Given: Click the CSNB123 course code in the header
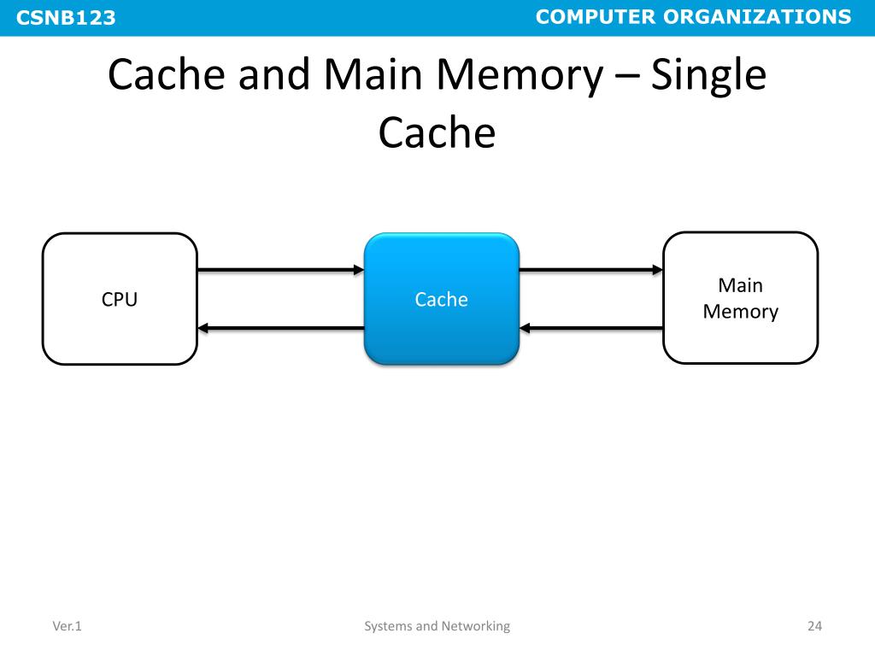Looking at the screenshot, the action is (66, 17).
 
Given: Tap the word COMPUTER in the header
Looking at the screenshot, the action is (596, 17).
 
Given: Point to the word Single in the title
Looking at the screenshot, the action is (708, 77).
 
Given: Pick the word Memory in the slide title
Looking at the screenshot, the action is (520, 78).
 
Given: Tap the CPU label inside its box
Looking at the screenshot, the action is (120, 300).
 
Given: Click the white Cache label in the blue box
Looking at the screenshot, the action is (442, 300).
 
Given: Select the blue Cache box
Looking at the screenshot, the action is (442, 299).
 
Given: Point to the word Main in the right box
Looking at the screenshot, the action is (740, 285).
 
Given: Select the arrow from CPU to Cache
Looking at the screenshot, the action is (280, 270).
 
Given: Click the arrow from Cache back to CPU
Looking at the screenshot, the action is (280, 328).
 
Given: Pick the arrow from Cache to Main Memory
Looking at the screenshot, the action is (591, 270).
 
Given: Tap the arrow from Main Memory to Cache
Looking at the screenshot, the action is (591, 328).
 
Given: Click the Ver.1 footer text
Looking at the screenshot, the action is (67, 626).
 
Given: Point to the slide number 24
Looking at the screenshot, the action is (814, 626).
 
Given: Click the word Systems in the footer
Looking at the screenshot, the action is (389, 626).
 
